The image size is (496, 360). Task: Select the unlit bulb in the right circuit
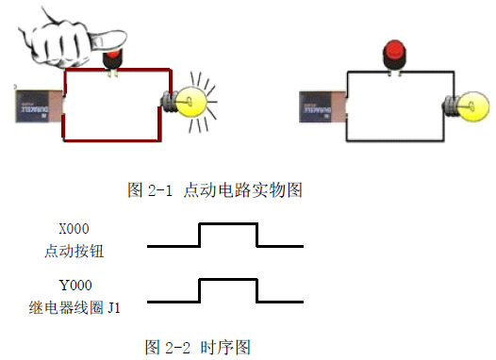466,99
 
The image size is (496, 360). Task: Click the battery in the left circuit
37,105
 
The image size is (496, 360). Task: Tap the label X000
75,229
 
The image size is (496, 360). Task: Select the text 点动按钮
75,251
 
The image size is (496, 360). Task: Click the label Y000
75,285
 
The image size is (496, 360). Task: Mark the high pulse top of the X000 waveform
228,224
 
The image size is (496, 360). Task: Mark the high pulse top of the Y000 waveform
228,280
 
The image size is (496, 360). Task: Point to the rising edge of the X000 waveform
199,235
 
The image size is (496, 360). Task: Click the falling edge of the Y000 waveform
257,291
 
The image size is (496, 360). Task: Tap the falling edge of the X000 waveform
257,235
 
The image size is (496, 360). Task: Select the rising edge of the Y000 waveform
199,291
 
